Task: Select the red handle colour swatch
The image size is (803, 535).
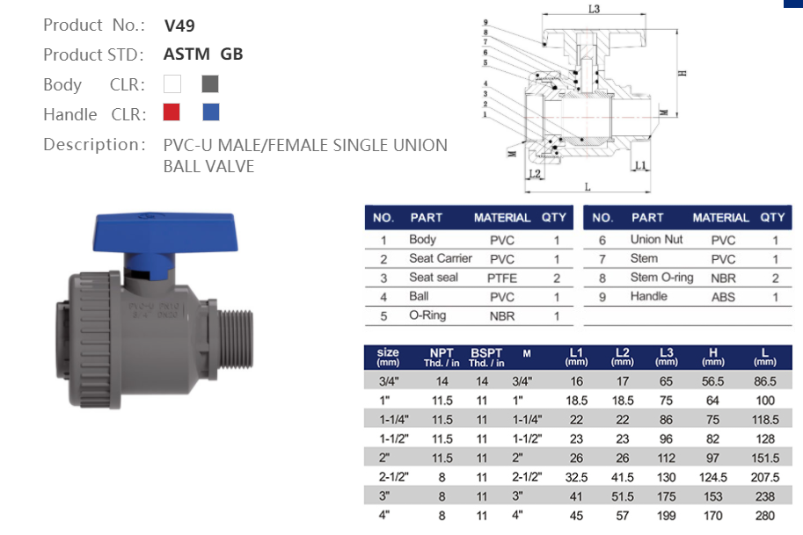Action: click(x=172, y=112)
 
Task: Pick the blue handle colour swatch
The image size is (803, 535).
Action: click(x=210, y=112)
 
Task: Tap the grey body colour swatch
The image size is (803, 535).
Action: click(x=209, y=84)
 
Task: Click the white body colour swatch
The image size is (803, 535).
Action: click(x=172, y=84)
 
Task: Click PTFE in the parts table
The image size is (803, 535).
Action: click(x=501, y=278)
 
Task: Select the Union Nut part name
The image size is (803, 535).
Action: click(x=656, y=240)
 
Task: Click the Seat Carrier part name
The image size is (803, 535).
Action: click(x=440, y=258)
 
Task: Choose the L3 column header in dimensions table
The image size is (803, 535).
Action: click(x=666, y=356)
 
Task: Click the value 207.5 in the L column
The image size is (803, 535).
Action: click(x=764, y=477)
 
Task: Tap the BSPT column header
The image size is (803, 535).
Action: click(x=485, y=356)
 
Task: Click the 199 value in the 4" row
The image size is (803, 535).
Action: click(x=666, y=516)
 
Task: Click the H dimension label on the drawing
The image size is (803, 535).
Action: click(x=682, y=73)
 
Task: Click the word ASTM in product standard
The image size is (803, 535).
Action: click(x=186, y=54)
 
